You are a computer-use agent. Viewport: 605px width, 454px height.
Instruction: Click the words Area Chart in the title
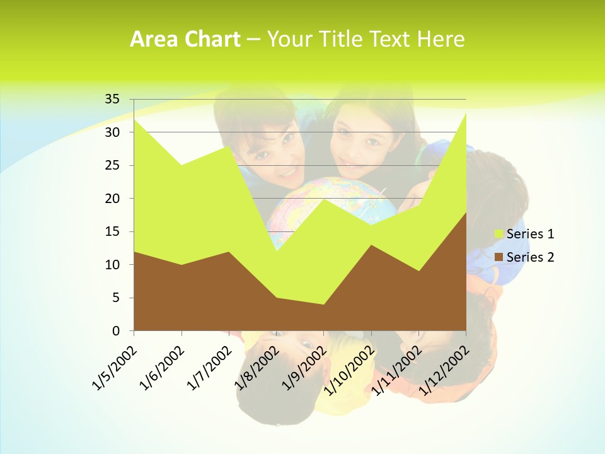coord(185,39)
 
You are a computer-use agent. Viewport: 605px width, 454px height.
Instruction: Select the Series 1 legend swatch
coord(499,234)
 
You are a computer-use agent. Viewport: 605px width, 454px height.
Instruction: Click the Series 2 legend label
coord(530,257)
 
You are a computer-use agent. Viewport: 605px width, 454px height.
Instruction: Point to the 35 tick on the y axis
coord(112,99)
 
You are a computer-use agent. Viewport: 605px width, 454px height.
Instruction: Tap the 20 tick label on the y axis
coord(112,199)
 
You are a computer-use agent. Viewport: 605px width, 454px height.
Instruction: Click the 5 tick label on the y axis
coord(116,298)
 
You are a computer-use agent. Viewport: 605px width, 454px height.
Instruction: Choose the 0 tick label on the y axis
coord(116,331)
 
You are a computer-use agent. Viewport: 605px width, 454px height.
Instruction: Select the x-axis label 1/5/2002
coord(114,368)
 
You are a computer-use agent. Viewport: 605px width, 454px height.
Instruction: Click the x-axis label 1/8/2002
coord(256,368)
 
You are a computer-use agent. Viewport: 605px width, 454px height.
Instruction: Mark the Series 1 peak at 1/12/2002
coord(466,113)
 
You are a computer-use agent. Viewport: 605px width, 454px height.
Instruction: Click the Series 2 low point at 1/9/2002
coord(324,305)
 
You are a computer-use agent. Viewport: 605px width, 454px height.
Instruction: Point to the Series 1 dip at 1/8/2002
coord(276,252)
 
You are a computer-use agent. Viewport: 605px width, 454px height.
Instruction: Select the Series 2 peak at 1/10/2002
coord(371,245)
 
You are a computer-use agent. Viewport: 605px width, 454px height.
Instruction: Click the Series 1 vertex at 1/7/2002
coord(229,146)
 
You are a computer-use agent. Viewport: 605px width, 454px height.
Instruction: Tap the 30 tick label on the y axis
coord(112,132)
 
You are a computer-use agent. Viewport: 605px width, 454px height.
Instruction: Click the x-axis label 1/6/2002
coord(162,368)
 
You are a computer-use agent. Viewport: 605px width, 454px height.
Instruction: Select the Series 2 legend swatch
coord(499,257)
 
